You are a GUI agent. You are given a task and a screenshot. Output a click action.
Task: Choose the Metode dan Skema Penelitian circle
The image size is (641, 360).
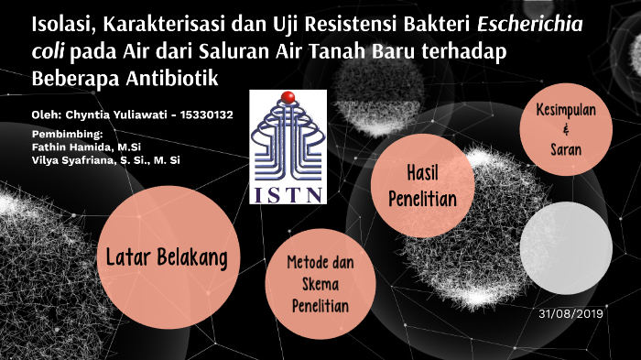click(x=320, y=285)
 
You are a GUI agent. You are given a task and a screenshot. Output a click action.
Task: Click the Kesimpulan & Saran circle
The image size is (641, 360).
click(x=565, y=129)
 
